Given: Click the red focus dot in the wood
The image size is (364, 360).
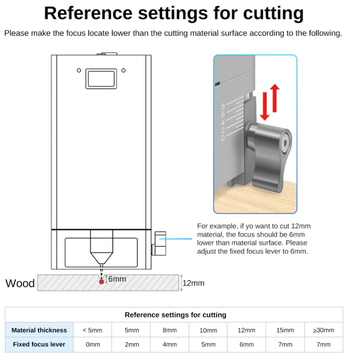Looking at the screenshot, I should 101,281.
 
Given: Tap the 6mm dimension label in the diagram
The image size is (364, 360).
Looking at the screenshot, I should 117,279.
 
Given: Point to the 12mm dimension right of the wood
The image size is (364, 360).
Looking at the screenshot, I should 193,283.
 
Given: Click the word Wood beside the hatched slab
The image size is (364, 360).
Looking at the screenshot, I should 20,283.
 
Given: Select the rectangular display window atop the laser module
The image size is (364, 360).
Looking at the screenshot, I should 101,78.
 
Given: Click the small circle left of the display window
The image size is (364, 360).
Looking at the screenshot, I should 79,71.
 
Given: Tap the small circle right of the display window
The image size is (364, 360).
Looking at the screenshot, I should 124,71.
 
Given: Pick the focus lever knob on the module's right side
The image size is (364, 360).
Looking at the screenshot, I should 158,243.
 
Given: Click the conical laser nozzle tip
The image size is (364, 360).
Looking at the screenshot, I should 101,257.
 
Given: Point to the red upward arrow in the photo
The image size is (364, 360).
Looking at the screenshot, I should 275,97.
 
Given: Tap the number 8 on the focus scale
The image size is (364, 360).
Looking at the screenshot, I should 223,107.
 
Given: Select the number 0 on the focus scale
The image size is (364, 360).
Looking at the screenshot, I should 223,139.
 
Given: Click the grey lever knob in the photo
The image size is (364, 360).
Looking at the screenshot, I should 268,151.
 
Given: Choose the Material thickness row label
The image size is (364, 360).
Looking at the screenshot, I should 39,330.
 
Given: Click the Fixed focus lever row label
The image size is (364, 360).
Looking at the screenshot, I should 39,344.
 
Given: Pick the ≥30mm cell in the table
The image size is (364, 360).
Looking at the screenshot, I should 324,330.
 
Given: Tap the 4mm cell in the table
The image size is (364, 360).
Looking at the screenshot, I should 169,344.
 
